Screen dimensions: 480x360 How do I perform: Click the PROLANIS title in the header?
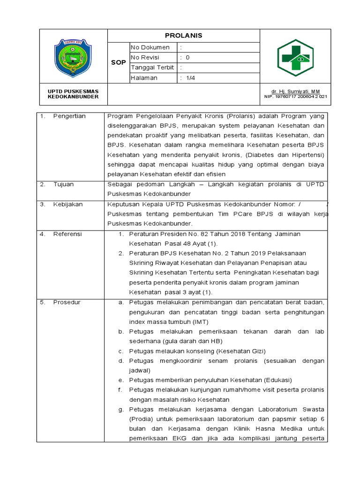pyautogui.click(x=184, y=36)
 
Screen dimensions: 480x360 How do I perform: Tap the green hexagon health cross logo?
pyautogui.click(x=295, y=58)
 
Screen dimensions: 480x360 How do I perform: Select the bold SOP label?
pyautogui.click(x=119, y=62)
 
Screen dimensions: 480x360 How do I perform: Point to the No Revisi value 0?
pyautogui.click(x=188, y=58)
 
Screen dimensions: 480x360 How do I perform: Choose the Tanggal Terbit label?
pyautogui.click(x=152, y=67)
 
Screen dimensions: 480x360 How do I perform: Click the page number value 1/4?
pyautogui.click(x=190, y=78)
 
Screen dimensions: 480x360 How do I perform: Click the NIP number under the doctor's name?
pyautogui.click(x=295, y=97)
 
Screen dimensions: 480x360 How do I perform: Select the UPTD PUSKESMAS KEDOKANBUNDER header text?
pyautogui.click(x=73, y=94)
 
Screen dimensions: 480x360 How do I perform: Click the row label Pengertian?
pyautogui.click(x=69, y=116)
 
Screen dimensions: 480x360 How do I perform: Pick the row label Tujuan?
pyautogui.click(x=63, y=184)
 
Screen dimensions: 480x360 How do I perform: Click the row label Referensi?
pyautogui.click(x=67, y=233)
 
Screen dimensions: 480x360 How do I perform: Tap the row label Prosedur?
pyautogui.click(x=67, y=302)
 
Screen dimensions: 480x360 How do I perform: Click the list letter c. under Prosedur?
pyautogui.click(x=120, y=351)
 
